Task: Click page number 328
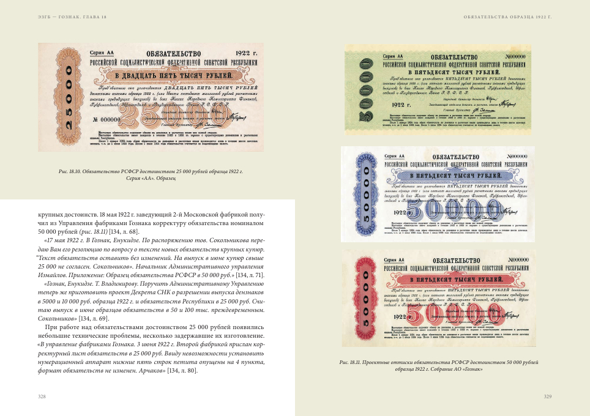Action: click(x=42, y=396)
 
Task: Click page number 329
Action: click(x=548, y=396)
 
